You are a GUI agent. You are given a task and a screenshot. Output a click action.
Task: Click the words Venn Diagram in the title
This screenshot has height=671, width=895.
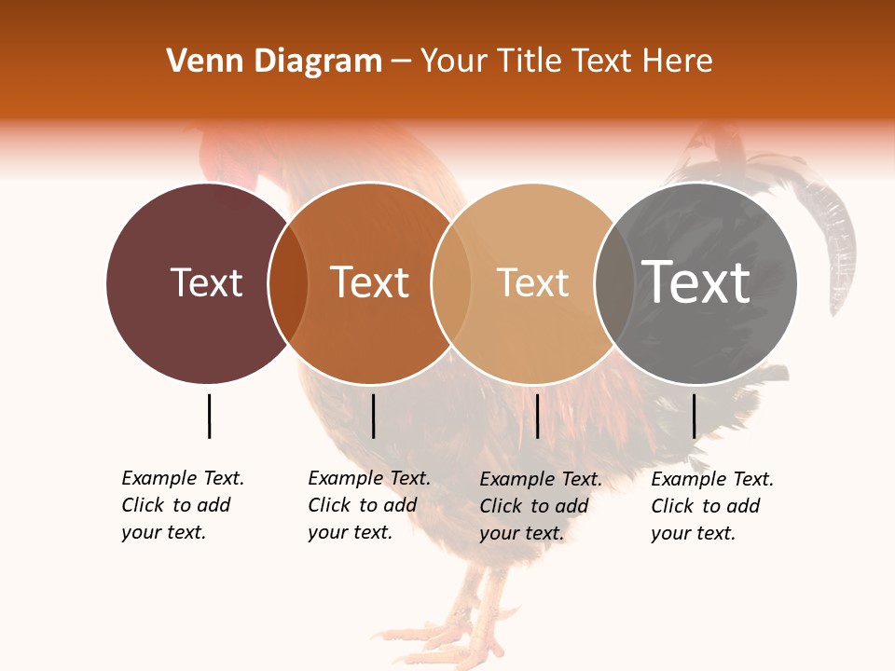tap(274, 62)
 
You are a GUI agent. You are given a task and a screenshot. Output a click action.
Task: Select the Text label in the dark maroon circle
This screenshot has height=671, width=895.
tap(206, 282)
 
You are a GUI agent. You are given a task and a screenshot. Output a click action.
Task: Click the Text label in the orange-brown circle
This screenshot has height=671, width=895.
tap(370, 282)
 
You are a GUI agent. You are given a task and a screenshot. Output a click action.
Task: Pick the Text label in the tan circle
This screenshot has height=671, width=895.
tap(532, 282)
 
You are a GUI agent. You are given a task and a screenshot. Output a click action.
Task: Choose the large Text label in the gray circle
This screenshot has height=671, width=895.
tap(696, 282)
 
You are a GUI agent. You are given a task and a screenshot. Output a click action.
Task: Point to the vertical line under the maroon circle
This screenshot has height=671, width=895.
tap(209, 416)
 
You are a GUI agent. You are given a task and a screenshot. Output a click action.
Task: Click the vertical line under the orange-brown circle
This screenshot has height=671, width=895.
tap(373, 416)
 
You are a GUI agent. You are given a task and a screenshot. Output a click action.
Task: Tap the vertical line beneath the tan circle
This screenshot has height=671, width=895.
tap(537, 416)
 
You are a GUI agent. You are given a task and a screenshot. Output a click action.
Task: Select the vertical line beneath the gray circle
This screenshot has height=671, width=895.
tap(694, 416)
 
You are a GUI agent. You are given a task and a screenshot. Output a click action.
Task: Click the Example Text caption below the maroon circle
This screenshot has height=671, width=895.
tap(183, 505)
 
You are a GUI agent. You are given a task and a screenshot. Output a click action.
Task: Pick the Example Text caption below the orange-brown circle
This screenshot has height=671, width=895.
tap(369, 505)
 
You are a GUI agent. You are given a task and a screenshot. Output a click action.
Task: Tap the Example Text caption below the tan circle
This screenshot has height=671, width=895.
tap(541, 506)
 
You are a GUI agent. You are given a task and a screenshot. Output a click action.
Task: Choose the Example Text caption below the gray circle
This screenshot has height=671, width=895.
tap(712, 506)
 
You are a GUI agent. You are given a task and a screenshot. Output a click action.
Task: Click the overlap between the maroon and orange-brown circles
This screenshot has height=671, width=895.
tap(288, 282)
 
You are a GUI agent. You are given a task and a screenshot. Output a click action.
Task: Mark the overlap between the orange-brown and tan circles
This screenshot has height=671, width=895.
tap(450, 282)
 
